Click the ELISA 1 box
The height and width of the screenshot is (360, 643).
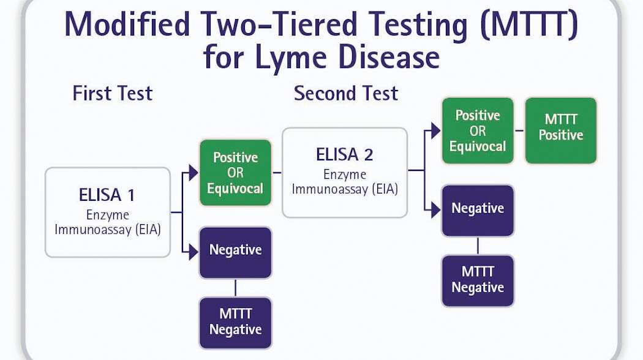(x=107, y=212)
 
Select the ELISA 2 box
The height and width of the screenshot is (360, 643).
(x=345, y=172)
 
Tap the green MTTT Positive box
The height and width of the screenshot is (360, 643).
(x=560, y=127)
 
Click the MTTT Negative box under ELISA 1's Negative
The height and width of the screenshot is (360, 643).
(x=235, y=322)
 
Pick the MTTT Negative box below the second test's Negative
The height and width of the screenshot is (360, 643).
(x=478, y=280)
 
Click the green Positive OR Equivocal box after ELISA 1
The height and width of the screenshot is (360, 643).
(x=235, y=173)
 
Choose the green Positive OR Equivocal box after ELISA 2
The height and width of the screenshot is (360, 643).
(x=478, y=131)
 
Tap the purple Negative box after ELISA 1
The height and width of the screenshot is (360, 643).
(x=235, y=250)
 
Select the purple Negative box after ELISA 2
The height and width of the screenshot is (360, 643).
(x=478, y=209)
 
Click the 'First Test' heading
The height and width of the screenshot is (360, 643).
(x=112, y=94)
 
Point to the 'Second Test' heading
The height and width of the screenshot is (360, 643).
(x=346, y=94)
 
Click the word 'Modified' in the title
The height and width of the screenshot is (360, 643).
(x=127, y=26)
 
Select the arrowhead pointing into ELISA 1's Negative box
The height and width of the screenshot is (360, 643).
(x=194, y=250)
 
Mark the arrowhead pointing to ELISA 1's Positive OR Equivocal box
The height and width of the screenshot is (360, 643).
(x=194, y=173)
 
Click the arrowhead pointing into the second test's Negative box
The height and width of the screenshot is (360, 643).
(x=435, y=209)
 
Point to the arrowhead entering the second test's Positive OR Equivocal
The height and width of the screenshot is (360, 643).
(x=435, y=130)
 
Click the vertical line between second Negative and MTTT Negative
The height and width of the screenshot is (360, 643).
(x=478, y=246)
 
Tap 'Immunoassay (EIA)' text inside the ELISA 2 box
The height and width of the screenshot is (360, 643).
(x=345, y=189)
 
